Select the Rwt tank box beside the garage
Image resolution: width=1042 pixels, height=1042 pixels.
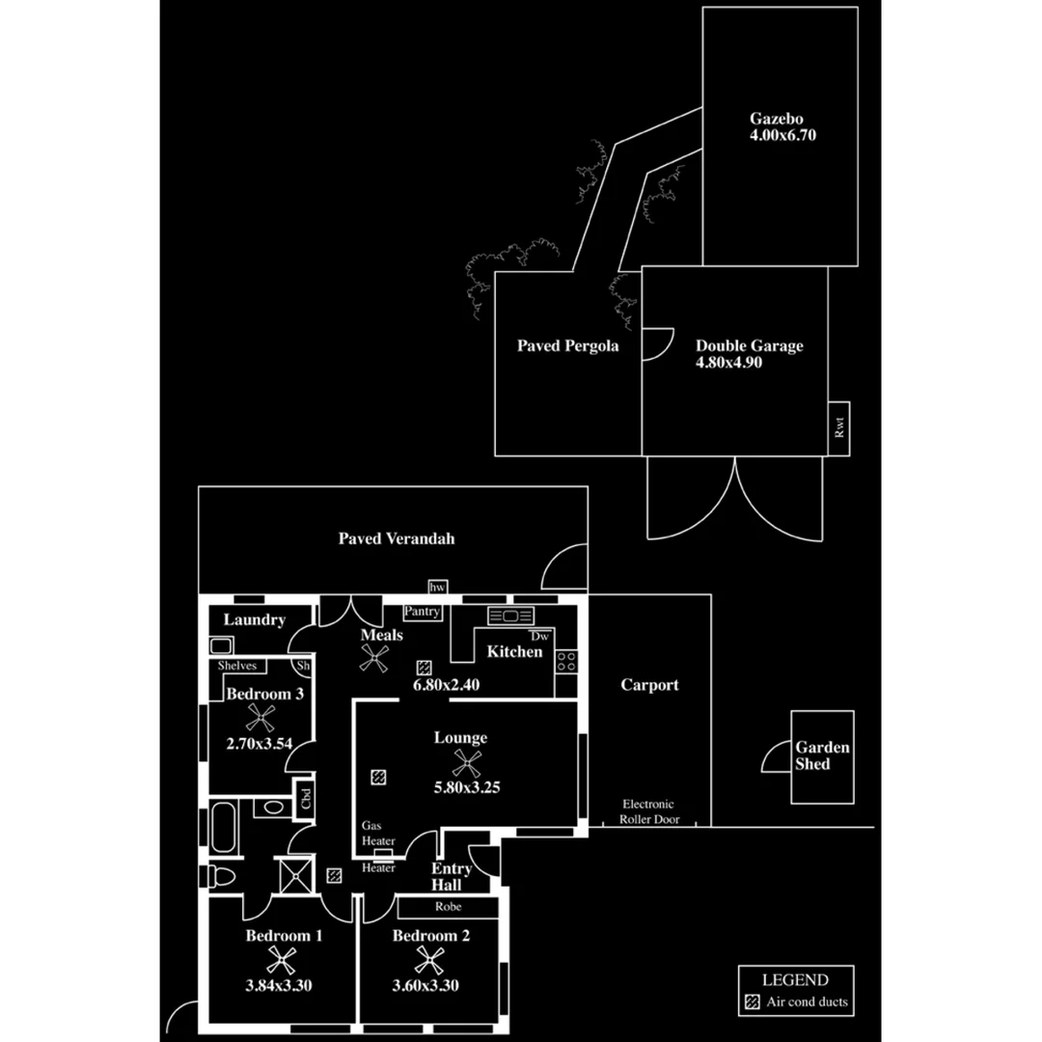(838, 426)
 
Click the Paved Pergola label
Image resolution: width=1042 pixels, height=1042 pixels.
(567, 345)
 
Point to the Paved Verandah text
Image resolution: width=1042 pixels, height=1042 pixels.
(396, 538)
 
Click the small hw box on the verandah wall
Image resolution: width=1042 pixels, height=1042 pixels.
(437, 588)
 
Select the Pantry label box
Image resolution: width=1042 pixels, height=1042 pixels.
(422, 612)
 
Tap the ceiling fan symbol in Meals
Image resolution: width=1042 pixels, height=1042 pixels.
(374, 658)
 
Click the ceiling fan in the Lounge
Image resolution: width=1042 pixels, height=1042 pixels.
(468, 764)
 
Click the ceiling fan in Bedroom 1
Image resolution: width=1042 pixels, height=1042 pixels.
(281, 960)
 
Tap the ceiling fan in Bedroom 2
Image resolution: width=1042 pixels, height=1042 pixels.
(429, 960)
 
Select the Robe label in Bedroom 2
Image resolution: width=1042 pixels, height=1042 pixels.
(448, 908)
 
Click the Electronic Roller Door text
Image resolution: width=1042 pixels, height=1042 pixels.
(648, 811)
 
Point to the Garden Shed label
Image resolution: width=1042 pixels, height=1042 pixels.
(823, 755)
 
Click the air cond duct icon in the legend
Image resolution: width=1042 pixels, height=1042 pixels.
(752, 1001)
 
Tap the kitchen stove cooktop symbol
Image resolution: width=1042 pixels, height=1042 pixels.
(565, 661)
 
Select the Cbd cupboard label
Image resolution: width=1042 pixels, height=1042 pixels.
(306, 799)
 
